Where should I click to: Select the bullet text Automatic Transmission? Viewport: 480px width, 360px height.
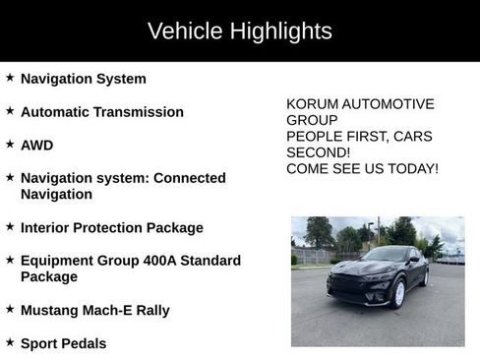click(x=102, y=112)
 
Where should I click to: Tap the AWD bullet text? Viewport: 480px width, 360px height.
click(x=37, y=145)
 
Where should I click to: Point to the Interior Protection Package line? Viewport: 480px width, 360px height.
click(x=112, y=227)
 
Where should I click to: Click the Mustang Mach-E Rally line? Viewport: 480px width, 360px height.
click(x=95, y=310)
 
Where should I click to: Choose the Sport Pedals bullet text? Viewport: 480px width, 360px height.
click(x=64, y=343)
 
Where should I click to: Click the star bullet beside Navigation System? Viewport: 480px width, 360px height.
click(x=10, y=78)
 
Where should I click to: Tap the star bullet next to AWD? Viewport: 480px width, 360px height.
click(x=10, y=144)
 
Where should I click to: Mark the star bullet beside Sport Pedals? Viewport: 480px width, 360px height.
click(x=10, y=342)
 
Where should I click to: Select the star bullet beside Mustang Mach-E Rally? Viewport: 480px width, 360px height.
click(x=10, y=309)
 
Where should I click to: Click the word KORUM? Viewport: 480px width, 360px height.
click(x=312, y=104)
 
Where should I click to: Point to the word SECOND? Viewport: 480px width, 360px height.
click(x=318, y=152)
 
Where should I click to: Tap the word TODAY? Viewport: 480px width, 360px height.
click(x=412, y=169)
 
